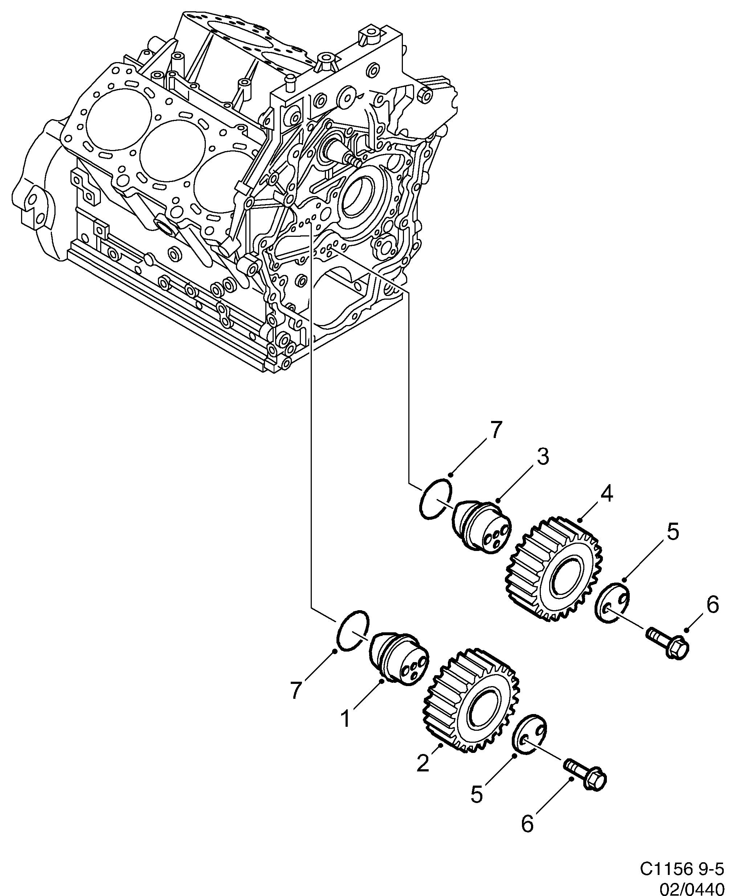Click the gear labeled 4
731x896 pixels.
[x=554, y=571]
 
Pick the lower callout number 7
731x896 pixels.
[x=297, y=690]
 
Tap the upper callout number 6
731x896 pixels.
[x=712, y=605]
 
